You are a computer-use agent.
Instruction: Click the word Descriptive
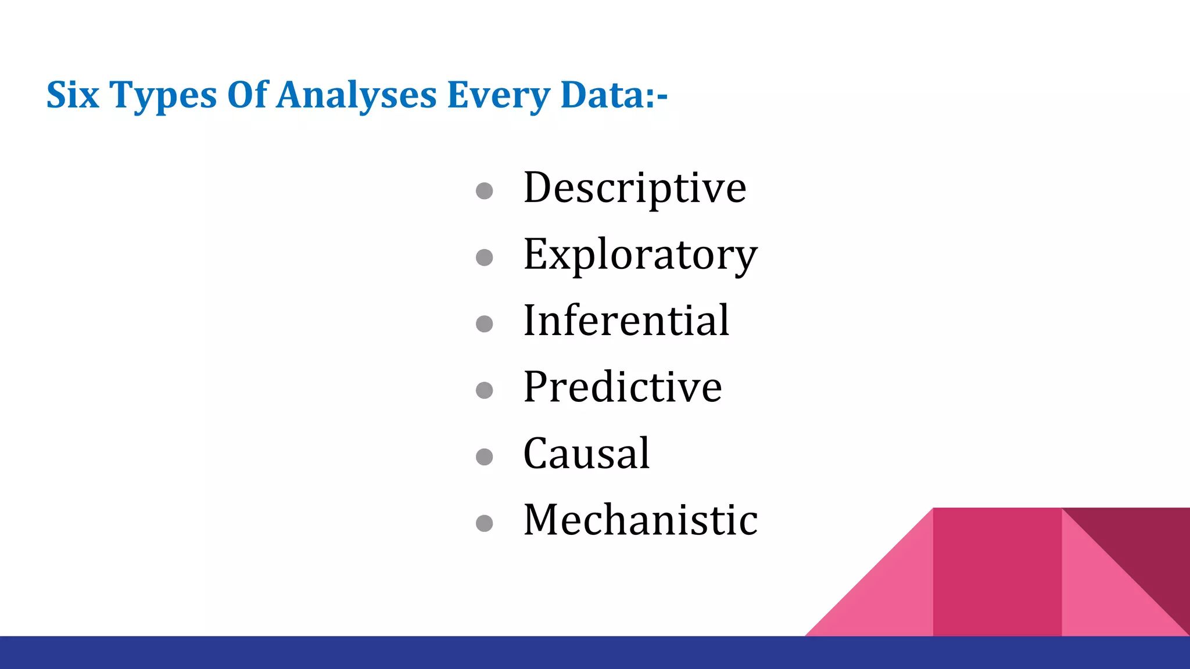click(x=635, y=188)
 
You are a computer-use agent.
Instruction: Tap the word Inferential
click(x=626, y=321)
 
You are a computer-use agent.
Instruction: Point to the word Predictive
click(x=622, y=387)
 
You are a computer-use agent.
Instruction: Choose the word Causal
click(x=586, y=453)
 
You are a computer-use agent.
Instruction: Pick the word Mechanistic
click(x=640, y=519)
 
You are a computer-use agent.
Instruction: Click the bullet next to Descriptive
click(x=484, y=191)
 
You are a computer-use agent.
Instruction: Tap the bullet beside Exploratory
click(x=484, y=257)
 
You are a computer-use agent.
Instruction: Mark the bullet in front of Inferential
click(x=484, y=323)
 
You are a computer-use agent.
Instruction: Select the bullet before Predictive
click(x=484, y=390)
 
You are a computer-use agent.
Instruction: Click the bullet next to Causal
click(x=484, y=456)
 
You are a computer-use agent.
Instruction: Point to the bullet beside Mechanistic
click(x=484, y=523)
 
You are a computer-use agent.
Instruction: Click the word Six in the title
click(x=73, y=94)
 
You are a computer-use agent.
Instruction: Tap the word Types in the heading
click(x=163, y=95)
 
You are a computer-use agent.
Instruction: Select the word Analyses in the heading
click(x=356, y=95)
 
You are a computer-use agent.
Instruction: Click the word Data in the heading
click(x=607, y=94)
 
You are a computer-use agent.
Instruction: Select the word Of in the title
click(x=248, y=94)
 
